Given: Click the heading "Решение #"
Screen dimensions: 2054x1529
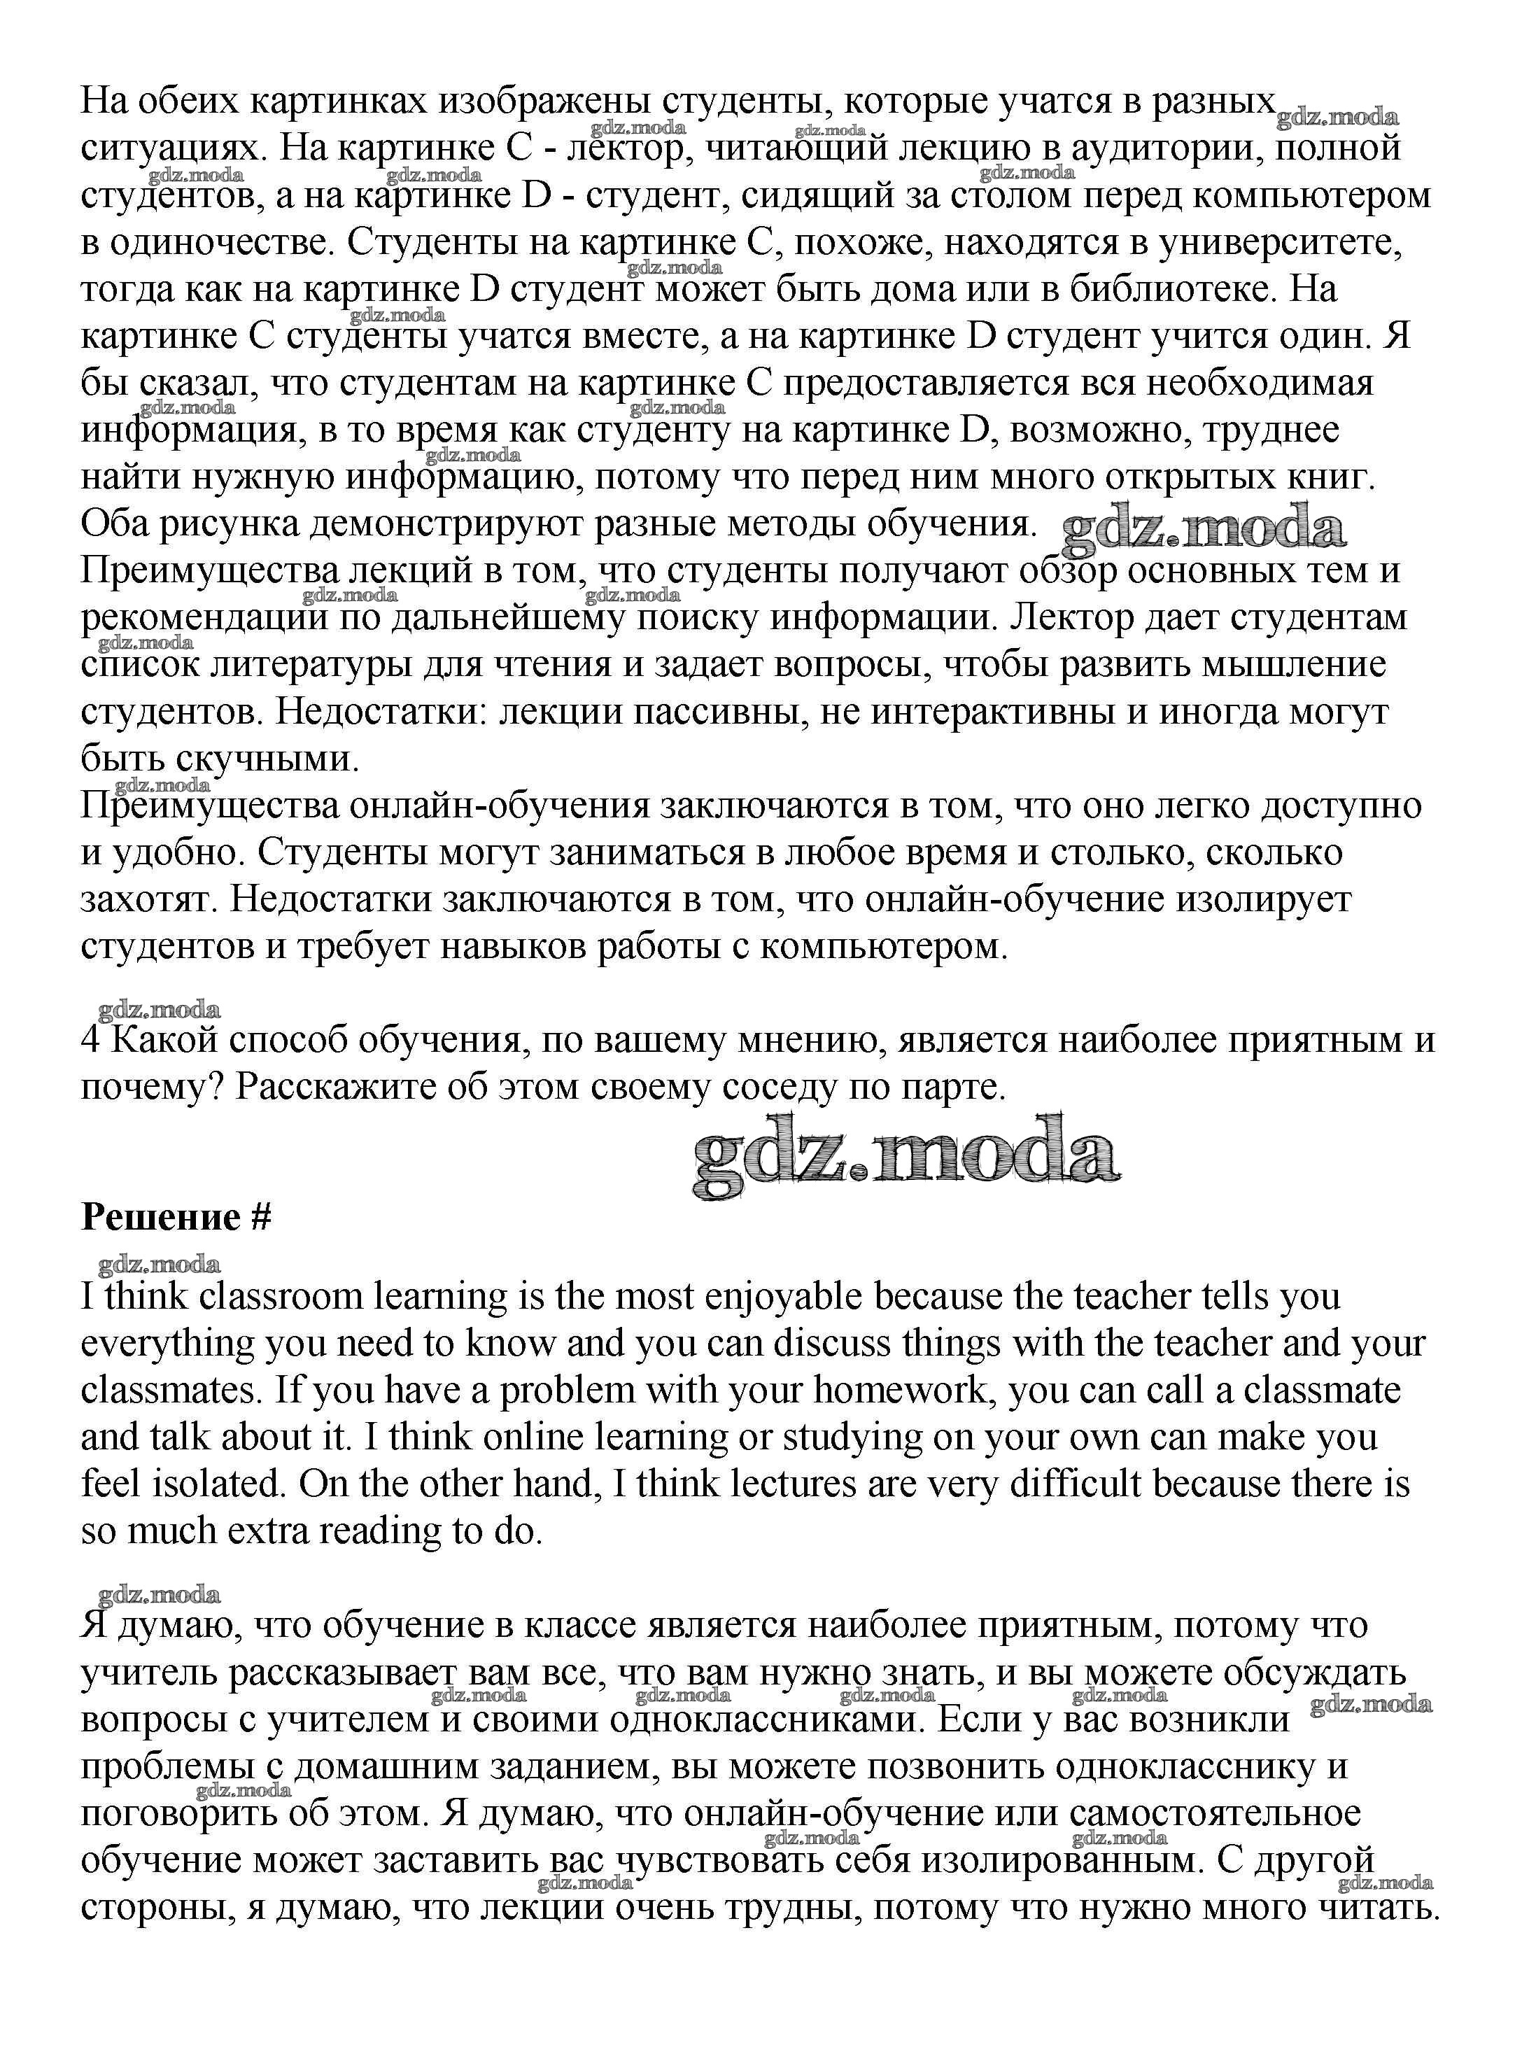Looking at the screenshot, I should tap(176, 1217).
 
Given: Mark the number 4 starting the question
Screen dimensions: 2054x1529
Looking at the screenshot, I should tap(90, 1041).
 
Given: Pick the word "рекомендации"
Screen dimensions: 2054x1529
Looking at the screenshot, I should tap(204, 619).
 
